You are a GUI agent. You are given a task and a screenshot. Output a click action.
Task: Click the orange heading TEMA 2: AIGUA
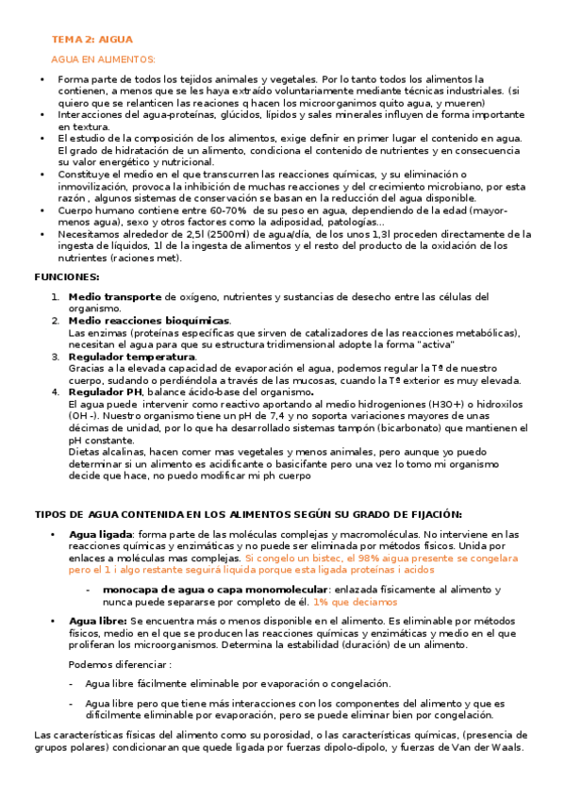[91, 40]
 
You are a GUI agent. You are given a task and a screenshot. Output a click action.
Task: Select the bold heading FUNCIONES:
[66, 277]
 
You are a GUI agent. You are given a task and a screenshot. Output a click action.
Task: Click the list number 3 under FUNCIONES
[56, 357]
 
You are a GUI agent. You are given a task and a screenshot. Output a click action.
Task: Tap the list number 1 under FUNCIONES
[56, 296]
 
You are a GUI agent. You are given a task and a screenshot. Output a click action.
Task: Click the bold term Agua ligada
[101, 534]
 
